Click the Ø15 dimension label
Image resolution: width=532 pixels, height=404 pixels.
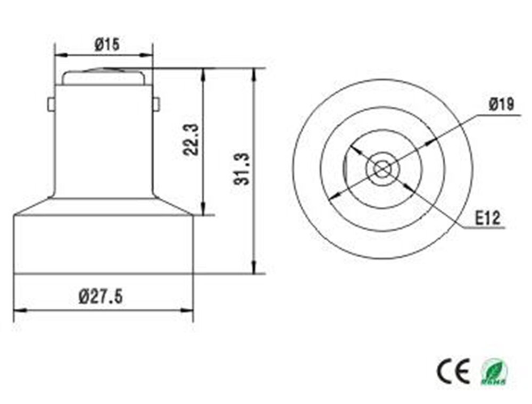coord(106,45)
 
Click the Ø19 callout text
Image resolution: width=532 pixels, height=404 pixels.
coord(501,105)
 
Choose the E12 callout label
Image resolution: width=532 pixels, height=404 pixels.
coord(488,218)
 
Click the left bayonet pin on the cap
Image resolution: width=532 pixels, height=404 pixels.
coord(51,104)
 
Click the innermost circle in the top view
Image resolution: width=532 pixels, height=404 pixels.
coord(381,169)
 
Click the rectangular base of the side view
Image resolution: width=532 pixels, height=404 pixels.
coord(103,245)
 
